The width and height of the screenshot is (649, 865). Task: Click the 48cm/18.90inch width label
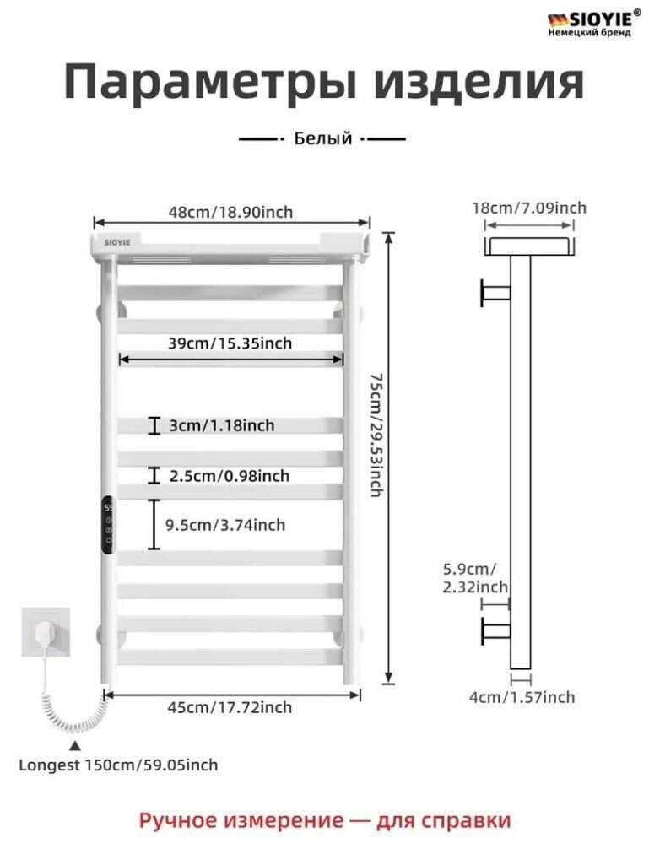230,212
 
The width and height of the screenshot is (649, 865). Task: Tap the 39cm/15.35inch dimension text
230,343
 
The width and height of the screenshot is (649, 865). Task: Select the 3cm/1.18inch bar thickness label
222,425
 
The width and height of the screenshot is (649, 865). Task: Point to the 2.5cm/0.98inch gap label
229,475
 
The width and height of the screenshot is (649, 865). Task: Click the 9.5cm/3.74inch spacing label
225,525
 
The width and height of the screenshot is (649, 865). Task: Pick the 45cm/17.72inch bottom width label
230,707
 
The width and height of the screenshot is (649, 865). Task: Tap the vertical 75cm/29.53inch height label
376,435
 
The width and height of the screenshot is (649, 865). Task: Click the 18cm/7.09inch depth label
529,208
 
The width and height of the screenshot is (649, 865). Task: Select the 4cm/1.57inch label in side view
522,697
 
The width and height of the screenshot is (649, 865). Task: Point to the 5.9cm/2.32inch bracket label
475,577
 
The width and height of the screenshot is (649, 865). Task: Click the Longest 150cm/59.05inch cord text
119,765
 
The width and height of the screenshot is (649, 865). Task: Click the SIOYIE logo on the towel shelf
117,242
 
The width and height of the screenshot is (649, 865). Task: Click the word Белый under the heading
323,138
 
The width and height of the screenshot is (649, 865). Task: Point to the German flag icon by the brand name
557,20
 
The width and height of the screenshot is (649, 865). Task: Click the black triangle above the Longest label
75,746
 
